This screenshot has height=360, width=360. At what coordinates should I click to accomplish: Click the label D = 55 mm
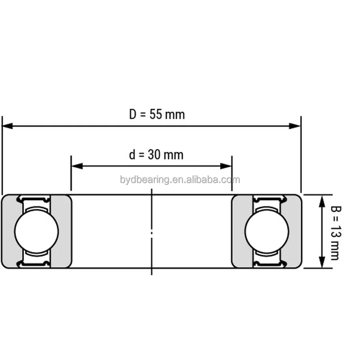157,115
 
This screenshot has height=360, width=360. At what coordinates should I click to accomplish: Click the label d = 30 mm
156,155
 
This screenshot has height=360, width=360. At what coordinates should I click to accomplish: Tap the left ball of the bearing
36,231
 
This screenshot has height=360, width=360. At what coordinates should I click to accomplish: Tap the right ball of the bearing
267,231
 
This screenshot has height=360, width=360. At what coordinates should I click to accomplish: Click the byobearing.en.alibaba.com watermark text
180,180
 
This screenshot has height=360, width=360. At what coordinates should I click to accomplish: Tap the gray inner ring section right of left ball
61,231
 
